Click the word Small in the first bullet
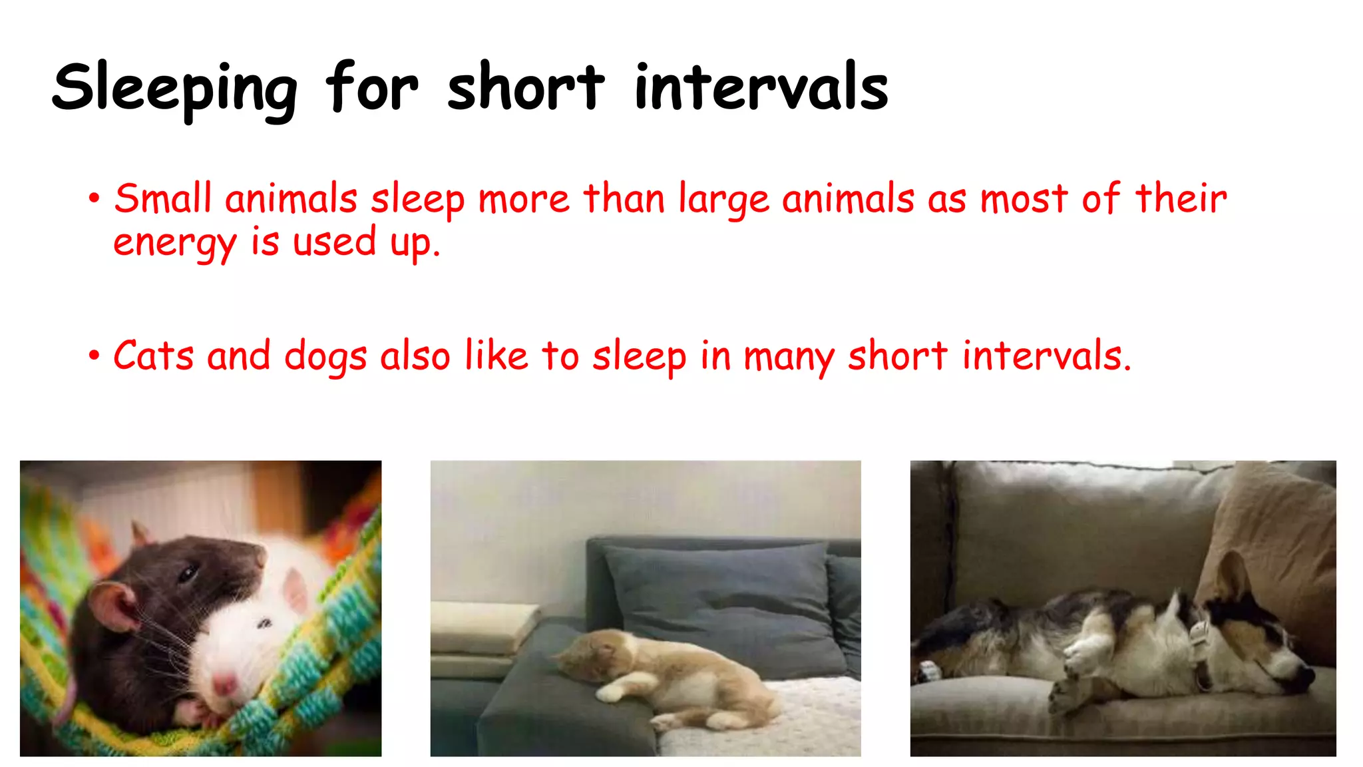tap(162, 199)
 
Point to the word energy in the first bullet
tap(174, 244)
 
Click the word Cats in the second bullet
tap(154, 356)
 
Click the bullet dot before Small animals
tap(94, 198)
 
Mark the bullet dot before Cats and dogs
tap(94, 356)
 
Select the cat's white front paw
tap(611, 694)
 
